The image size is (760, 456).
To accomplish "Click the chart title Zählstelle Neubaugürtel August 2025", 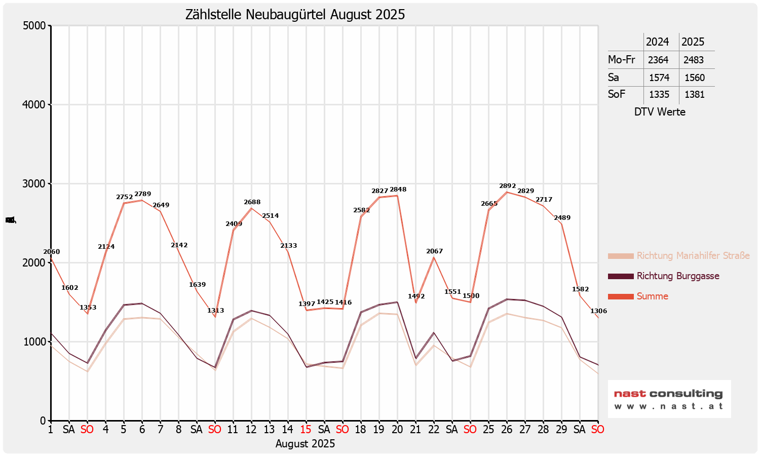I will click(x=295, y=15).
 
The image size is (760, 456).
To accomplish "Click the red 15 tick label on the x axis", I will click(x=306, y=430).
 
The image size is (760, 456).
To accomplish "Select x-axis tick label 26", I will click(x=507, y=430).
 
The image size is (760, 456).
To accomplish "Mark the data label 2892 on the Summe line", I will click(x=507, y=186).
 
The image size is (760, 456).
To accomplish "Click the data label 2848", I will click(x=398, y=189).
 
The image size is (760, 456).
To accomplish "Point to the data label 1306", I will click(x=598, y=311).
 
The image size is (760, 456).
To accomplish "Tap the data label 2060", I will click(x=51, y=252).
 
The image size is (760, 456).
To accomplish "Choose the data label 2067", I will click(x=434, y=251).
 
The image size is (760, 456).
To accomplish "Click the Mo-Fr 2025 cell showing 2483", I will click(x=693, y=60).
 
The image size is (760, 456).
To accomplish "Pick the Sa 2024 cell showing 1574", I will click(x=659, y=78).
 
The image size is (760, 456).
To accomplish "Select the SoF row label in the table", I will click(x=617, y=94).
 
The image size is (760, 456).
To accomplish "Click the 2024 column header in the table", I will click(x=657, y=42).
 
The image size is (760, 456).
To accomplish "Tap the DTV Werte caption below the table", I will click(x=659, y=112).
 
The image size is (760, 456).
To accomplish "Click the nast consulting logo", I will click(x=669, y=399).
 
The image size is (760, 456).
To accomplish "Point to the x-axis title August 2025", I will click(x=305, y=444).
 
